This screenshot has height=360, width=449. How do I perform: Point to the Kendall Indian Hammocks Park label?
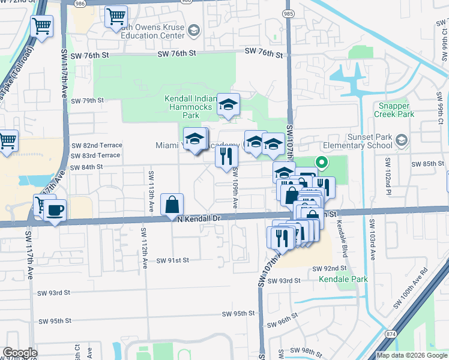[189, 106]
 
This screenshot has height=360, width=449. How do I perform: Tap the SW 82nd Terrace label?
[97, 146]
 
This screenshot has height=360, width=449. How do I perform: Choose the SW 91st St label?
[173, 260]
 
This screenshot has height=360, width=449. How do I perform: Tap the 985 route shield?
[288, 13]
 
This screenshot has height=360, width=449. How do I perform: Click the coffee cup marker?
[55, 211]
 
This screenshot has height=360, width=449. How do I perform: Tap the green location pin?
[321, 162]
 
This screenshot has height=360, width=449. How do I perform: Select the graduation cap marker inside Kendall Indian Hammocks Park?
[228, 105]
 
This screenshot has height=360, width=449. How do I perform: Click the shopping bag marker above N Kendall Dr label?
[172, 205]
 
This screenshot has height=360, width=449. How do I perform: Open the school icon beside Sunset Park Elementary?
[401, 141]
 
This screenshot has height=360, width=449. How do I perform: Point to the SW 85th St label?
[424, 164]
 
